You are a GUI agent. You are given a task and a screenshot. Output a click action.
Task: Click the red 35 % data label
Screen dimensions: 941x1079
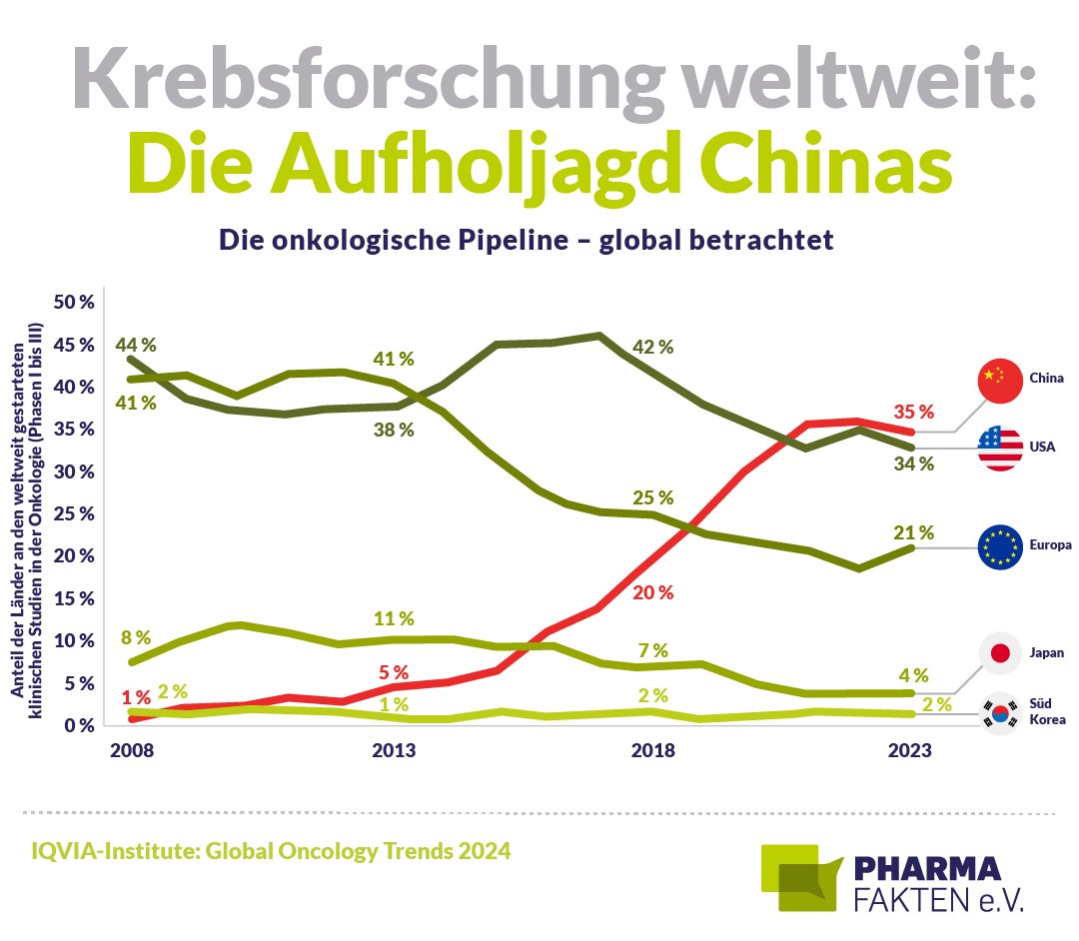click(x=913, y=412)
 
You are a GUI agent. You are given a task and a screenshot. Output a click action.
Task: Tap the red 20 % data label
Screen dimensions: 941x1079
click(x=652, y=592)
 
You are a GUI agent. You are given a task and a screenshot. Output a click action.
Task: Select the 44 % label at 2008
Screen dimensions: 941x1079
click(x=136, y=345)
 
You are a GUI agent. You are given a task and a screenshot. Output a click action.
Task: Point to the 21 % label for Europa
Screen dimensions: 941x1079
click(x=913, y=532)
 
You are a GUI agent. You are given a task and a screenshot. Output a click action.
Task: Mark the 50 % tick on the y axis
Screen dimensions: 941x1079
click(x=73, y=303)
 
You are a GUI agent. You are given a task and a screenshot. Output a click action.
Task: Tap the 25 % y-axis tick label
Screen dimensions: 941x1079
click(x=73, y=513)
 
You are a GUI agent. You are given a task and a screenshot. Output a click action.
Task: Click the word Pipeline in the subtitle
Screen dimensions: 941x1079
click(x=517, y=242)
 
